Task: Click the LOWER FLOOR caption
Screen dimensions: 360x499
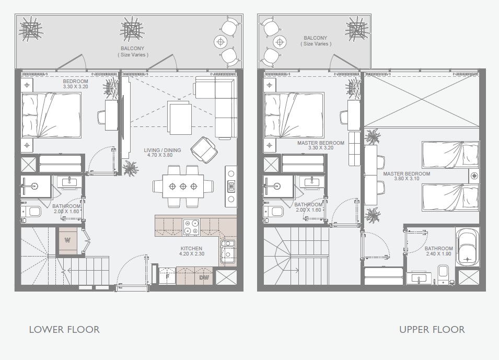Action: [x=64, y=329]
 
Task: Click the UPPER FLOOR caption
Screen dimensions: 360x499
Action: [x=432, y=329]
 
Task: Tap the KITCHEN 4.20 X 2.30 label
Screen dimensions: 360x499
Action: [x=191, y=251]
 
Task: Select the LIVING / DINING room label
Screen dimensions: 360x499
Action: [x=163, y=153]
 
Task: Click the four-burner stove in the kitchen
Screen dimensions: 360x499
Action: [x=191, y=226]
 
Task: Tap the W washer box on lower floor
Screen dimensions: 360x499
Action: [x=67, y=241]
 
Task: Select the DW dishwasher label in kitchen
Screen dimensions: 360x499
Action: [x=204, y=277]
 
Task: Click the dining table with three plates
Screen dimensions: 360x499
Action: [x=183, y=186]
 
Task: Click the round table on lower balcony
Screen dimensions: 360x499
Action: [x=221, y=40]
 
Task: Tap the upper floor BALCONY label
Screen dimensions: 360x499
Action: [x=315, y=41]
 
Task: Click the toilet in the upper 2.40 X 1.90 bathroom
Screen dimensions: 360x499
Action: [x=444, y=271]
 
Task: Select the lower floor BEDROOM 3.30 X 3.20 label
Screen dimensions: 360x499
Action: [x=76, y=85]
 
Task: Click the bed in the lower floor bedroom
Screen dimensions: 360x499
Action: [x=51, y=115]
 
